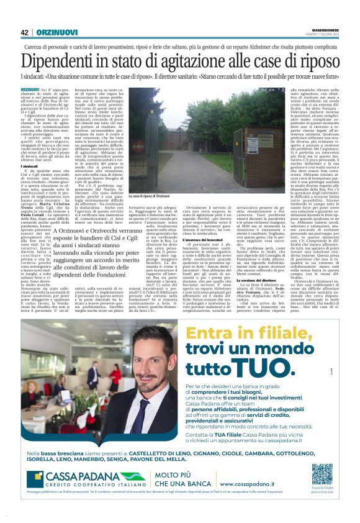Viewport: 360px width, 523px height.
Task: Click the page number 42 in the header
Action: tap(25, 32)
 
